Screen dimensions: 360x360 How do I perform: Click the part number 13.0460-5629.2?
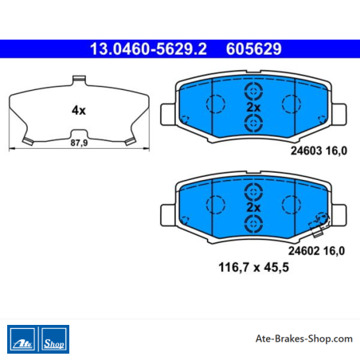148,49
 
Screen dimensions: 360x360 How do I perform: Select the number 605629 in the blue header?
253,49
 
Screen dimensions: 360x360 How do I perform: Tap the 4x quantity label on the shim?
79,110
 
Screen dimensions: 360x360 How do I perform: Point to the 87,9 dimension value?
79,143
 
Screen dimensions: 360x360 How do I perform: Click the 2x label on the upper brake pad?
253,108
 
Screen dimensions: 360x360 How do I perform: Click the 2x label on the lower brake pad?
253,207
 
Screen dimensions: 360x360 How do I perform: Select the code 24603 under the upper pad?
306,151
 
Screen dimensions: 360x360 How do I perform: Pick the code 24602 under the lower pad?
304,251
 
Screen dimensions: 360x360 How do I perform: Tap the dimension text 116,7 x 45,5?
253,268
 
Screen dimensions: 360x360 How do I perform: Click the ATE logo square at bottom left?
22,339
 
